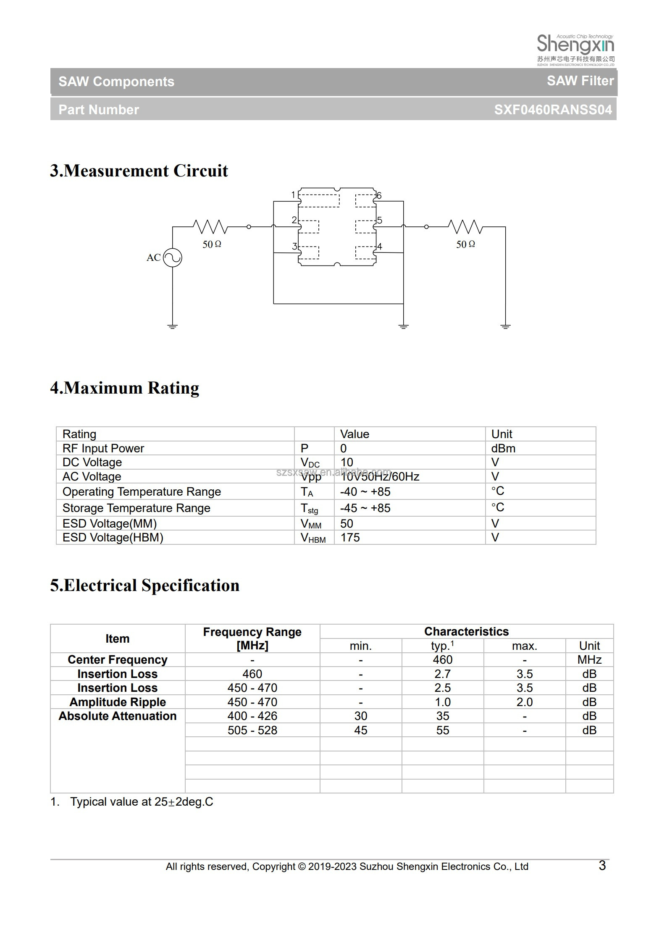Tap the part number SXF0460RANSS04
(553, 110)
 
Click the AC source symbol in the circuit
(172, 257)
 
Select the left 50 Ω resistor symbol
(210, 227)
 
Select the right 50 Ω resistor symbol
(465, 227)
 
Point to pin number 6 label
(379, 195)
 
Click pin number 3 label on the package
(294, 246)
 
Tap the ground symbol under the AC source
(172, 326)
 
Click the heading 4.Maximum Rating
(124, 388)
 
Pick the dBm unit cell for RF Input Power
(503, 448)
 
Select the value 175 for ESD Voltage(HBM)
(350, 537)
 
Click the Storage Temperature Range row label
(136, 508)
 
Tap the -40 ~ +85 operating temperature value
(365, 491)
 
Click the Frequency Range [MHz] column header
(252, 638)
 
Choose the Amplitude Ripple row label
(118, 702)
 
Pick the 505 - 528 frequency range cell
(252, 730)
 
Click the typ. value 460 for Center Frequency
(442, 659)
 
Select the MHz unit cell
(589, 659)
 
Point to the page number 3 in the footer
(602, 865)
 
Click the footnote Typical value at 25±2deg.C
(142, 801)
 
